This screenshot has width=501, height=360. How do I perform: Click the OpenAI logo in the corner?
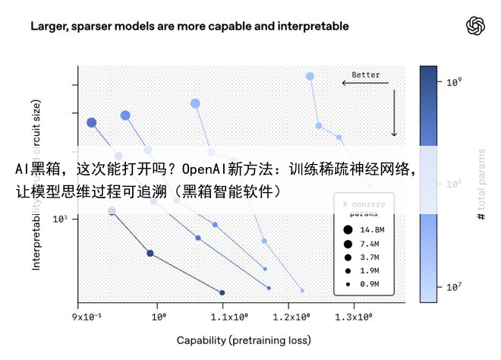pyautogui.click(x=475, y=26)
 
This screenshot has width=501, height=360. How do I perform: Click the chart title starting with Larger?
pyautogui.click(x=190, y=26)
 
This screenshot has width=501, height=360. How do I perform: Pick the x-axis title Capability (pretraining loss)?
pyautogui.click(x=244, y=340)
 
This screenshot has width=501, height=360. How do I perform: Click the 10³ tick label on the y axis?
pyautogui.click(x=61, y=219)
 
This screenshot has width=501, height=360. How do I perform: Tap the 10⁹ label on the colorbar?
pyautogui.click(x=454, y=81)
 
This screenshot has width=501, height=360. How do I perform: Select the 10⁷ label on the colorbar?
pyautogui.click(x=454, y=286)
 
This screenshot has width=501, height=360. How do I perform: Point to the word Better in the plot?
pyautogui.click(x=366, y=75)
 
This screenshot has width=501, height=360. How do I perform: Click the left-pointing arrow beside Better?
pyautogui.click(x=365, y=83)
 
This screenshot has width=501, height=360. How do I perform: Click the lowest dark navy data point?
pyautogui.click(x=222, y=292)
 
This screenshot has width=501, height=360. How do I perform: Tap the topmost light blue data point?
pyautogui.click(x=310, y=76)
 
